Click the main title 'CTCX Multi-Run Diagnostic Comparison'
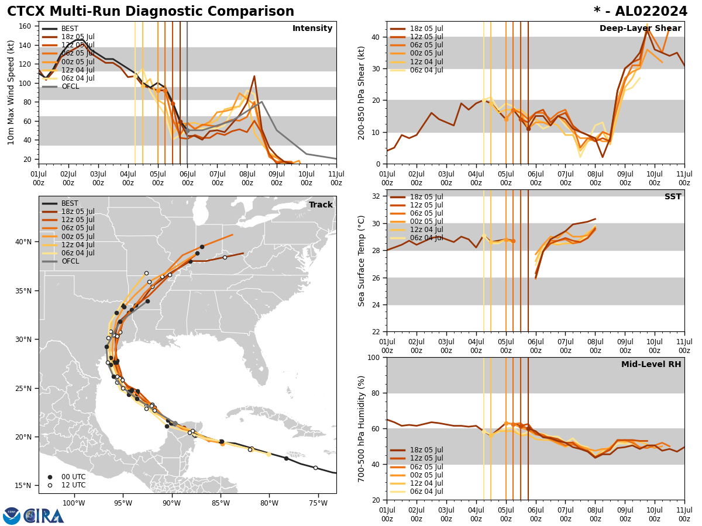[x=150, y=12]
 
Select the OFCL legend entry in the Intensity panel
[x=70, y=86]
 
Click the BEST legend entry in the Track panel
[x=70, y=203]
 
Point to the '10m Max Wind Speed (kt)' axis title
[x=11, y=92]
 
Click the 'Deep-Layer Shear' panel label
[x=640, y=29]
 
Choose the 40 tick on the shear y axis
[x=374, y=37]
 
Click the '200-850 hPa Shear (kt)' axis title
[x=362, y=92]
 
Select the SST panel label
[x=672, y=197]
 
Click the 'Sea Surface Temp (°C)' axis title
[x=362, y=261]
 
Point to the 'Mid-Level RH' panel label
[x=651, y=365]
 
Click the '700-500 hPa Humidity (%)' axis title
[x=362, y=428]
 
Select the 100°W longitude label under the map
[x=73, y=503]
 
